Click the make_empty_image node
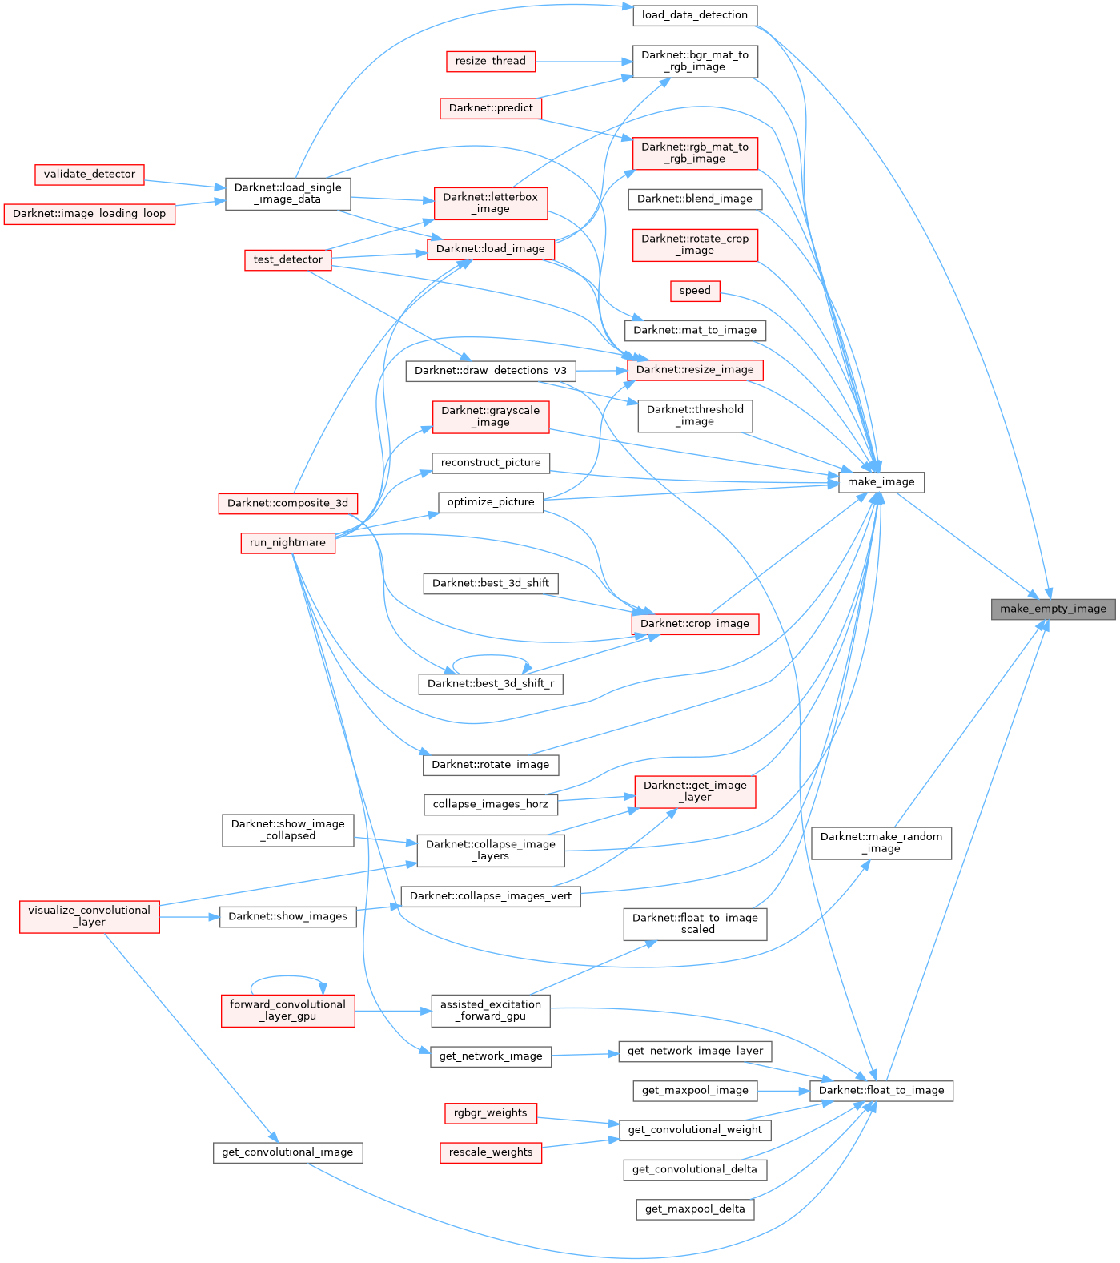tap(1053, 609)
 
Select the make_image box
tap(881, 481)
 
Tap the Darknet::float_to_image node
tap(881, 1090)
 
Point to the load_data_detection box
tap(694, 14)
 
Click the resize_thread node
tap(490, 61)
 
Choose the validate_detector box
tap(90, 174)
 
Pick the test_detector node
tap(287, 259)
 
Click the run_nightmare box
tap(287, 542)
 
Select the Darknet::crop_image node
tap(694, 623)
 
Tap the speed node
tap(694, 291)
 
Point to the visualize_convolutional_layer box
tap(89, 916)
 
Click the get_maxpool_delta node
tap(694, 1209)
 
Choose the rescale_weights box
tap(490, 1152)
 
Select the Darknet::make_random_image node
tap(881, 843)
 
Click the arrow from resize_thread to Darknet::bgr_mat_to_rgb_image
tap(584, 61)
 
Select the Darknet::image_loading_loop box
tap(89, 214)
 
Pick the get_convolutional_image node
tap(287, 1152)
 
